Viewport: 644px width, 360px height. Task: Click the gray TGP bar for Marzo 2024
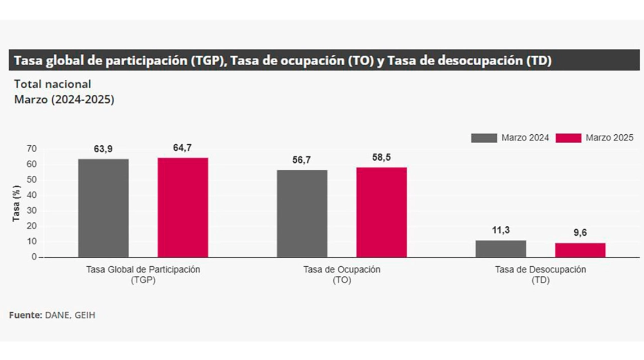(x=103, y=208)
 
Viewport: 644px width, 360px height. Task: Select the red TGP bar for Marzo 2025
(x=183, y=207)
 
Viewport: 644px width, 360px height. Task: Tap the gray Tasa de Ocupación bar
(x=302, y=213)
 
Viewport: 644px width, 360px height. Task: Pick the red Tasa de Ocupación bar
(x=382, y=212)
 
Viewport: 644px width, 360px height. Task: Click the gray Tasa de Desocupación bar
(x=501, y=249)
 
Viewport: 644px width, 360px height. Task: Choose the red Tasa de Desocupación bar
(x=580, y=250)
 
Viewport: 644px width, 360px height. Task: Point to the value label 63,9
(x=103, y=149)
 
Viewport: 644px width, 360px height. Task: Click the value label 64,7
(x=183, y=148)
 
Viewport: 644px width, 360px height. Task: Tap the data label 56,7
(x=302, y=160)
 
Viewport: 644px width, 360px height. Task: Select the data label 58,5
(x=382, y=157)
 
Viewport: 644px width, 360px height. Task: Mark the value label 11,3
(x=501, y=230)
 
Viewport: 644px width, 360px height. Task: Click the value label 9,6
(x=580, y=233)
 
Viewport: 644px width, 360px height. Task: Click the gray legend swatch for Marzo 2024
(x=484, y=138)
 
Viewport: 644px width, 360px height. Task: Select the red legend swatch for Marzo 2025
(x=568, y=138)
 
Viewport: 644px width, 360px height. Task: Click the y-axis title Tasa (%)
(x=16, y=203)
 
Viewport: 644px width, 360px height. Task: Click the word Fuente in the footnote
(x=25, y=315)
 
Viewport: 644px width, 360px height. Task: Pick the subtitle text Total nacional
(x=52, y=84)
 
